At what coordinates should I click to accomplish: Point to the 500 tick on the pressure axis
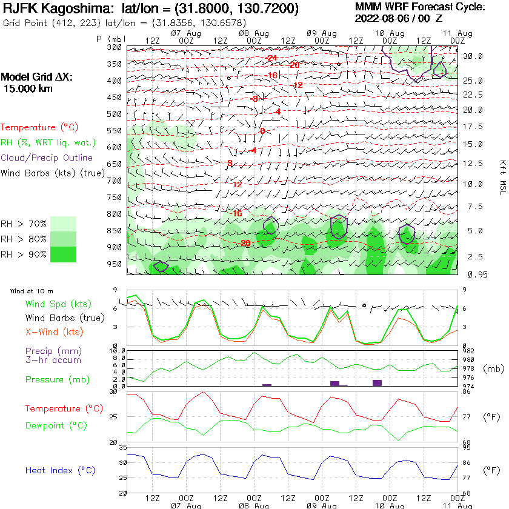point(115,114)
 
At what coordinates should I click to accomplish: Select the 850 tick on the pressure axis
point(115,231)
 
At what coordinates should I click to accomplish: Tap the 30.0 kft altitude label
point(473,56)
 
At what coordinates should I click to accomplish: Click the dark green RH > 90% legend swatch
point(64,254)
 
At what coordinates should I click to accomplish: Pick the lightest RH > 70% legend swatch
point(64,224)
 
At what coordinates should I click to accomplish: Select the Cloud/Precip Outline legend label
point(47,158)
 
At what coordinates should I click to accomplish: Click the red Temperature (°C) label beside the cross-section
point(40,127)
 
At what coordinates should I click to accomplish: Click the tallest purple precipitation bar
point(378,382)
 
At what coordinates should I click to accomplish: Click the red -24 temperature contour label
point(271,58)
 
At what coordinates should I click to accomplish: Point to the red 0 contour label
point(262,131)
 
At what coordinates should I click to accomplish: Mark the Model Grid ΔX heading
point(36,78)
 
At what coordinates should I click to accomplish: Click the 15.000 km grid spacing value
point(28,88)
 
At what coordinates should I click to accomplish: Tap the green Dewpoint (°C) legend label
point(56,425)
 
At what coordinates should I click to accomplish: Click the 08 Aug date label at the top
point(254,32)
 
